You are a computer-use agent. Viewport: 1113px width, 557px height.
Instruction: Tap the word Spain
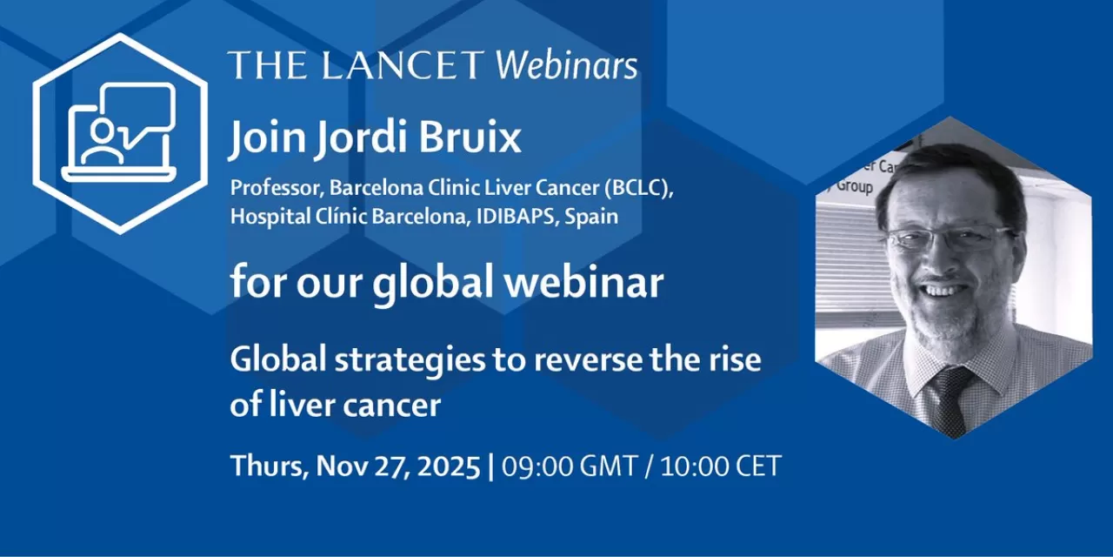pos(591,217)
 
